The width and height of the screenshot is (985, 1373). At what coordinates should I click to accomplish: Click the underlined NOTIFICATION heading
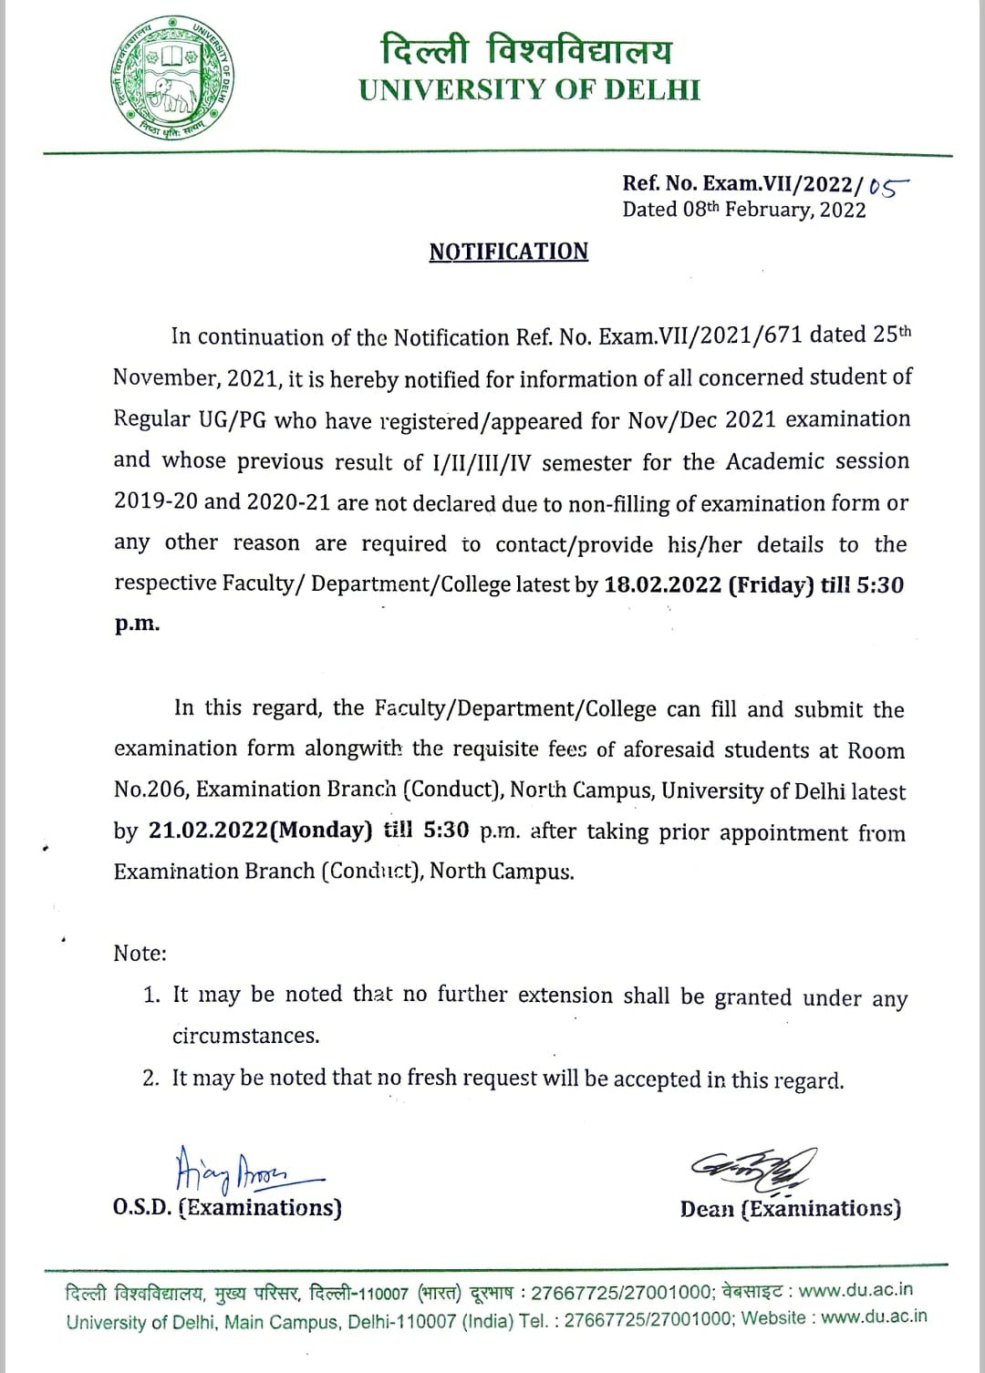(509, 252)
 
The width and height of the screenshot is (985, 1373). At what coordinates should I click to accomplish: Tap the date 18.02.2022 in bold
(663, 585)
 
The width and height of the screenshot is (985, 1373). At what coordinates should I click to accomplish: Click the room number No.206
(150, 790)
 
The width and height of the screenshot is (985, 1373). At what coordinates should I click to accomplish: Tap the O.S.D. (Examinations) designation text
(228, 1208)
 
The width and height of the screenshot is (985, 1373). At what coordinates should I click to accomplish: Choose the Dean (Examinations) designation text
(790, 1209)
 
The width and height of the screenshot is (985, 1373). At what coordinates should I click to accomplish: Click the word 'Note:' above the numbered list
(140, 954)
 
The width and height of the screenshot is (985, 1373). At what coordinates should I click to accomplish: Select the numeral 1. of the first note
(151, 996)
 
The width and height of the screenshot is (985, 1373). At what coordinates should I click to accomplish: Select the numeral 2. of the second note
(151, 1079)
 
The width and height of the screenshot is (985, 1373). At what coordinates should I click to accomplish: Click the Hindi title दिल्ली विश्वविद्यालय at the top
(526, 50)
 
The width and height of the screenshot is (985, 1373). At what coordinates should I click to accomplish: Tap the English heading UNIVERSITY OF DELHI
(529, 90)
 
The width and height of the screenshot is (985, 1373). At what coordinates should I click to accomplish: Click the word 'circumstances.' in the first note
(246, 1037)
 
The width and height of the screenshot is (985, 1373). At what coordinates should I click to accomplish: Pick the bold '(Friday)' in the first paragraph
(771, 585)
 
